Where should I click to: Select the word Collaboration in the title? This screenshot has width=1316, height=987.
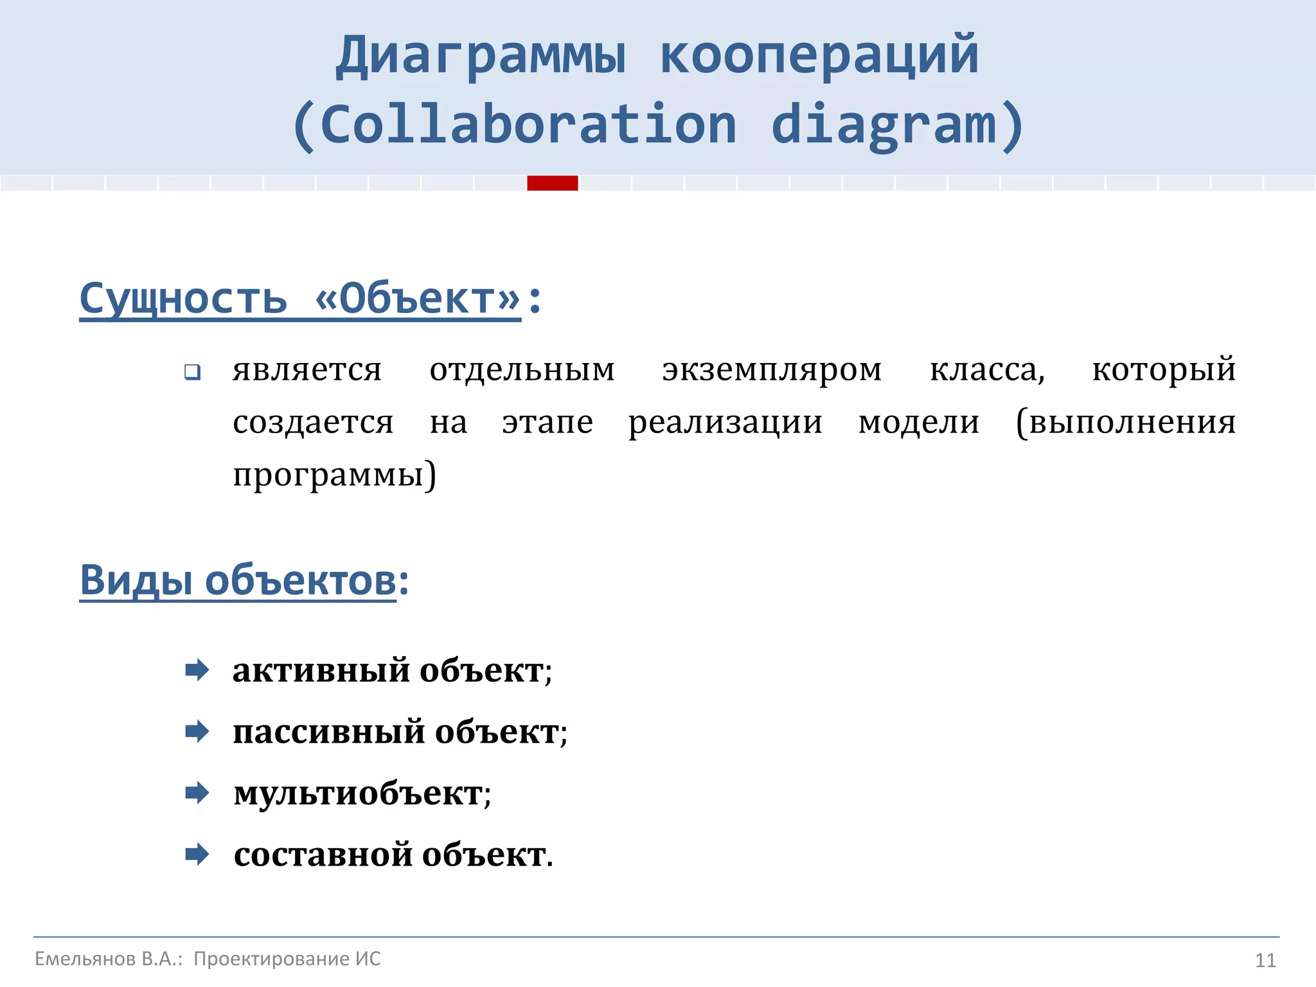528,125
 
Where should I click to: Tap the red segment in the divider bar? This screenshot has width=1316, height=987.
553,183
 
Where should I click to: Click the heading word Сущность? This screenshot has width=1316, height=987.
183,299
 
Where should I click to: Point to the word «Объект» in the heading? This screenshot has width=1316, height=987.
418,299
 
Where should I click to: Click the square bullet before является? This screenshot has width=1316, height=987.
192,372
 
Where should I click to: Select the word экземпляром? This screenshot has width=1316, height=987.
772,370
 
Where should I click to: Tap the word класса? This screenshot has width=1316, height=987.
987,370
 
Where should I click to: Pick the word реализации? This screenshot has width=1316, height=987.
725,423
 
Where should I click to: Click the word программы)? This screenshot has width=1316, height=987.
334,476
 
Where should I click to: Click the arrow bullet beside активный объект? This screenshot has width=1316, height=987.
197,670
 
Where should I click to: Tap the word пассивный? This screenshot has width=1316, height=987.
328,732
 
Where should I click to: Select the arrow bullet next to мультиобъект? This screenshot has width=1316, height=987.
197,793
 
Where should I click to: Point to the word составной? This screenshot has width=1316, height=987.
323,855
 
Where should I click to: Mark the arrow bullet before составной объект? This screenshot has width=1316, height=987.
197,855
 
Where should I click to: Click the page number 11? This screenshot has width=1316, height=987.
1265,961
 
